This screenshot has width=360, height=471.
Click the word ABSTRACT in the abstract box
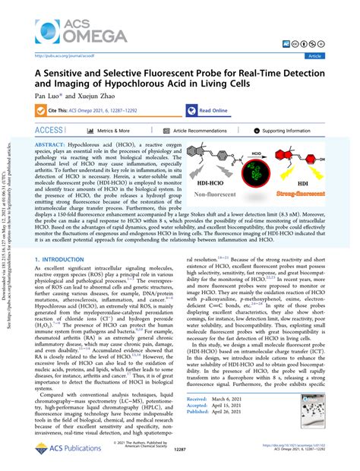click(x=55, y=144)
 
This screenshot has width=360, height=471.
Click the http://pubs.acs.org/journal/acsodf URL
click(x=63, y=55)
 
